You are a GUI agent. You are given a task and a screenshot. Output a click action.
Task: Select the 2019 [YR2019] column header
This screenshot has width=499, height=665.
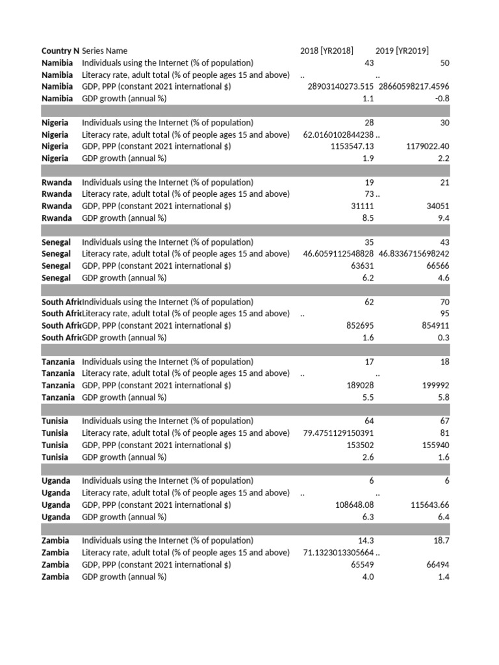click(x=402, y=51)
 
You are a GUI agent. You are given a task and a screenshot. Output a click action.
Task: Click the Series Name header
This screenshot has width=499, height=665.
click(x=105, y=51)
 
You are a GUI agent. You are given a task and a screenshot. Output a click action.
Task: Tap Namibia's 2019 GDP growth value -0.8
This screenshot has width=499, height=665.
click(x=442, y=99)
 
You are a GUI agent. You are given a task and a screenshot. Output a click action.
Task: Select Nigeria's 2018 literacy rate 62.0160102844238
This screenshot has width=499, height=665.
click(x=339, y=134)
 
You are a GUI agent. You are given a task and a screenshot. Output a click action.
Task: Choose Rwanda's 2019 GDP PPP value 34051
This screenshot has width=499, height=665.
click(x=436, y=206)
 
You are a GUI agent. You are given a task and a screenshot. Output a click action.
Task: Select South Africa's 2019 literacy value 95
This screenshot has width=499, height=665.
click(x=444, y=314)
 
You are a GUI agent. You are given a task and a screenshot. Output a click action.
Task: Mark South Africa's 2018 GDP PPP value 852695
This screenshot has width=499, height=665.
click(x=359, y=325)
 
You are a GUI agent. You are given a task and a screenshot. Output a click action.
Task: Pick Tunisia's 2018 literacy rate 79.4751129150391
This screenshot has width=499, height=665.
click(x=339, y=433)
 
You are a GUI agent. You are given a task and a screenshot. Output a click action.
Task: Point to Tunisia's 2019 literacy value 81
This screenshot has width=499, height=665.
click(x=444, y=433)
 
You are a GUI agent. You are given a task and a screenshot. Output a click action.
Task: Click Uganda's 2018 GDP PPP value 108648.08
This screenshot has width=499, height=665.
click(x=352, y=505)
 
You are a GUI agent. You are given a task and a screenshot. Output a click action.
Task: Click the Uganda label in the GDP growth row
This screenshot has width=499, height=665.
click(x=56, y=517)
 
